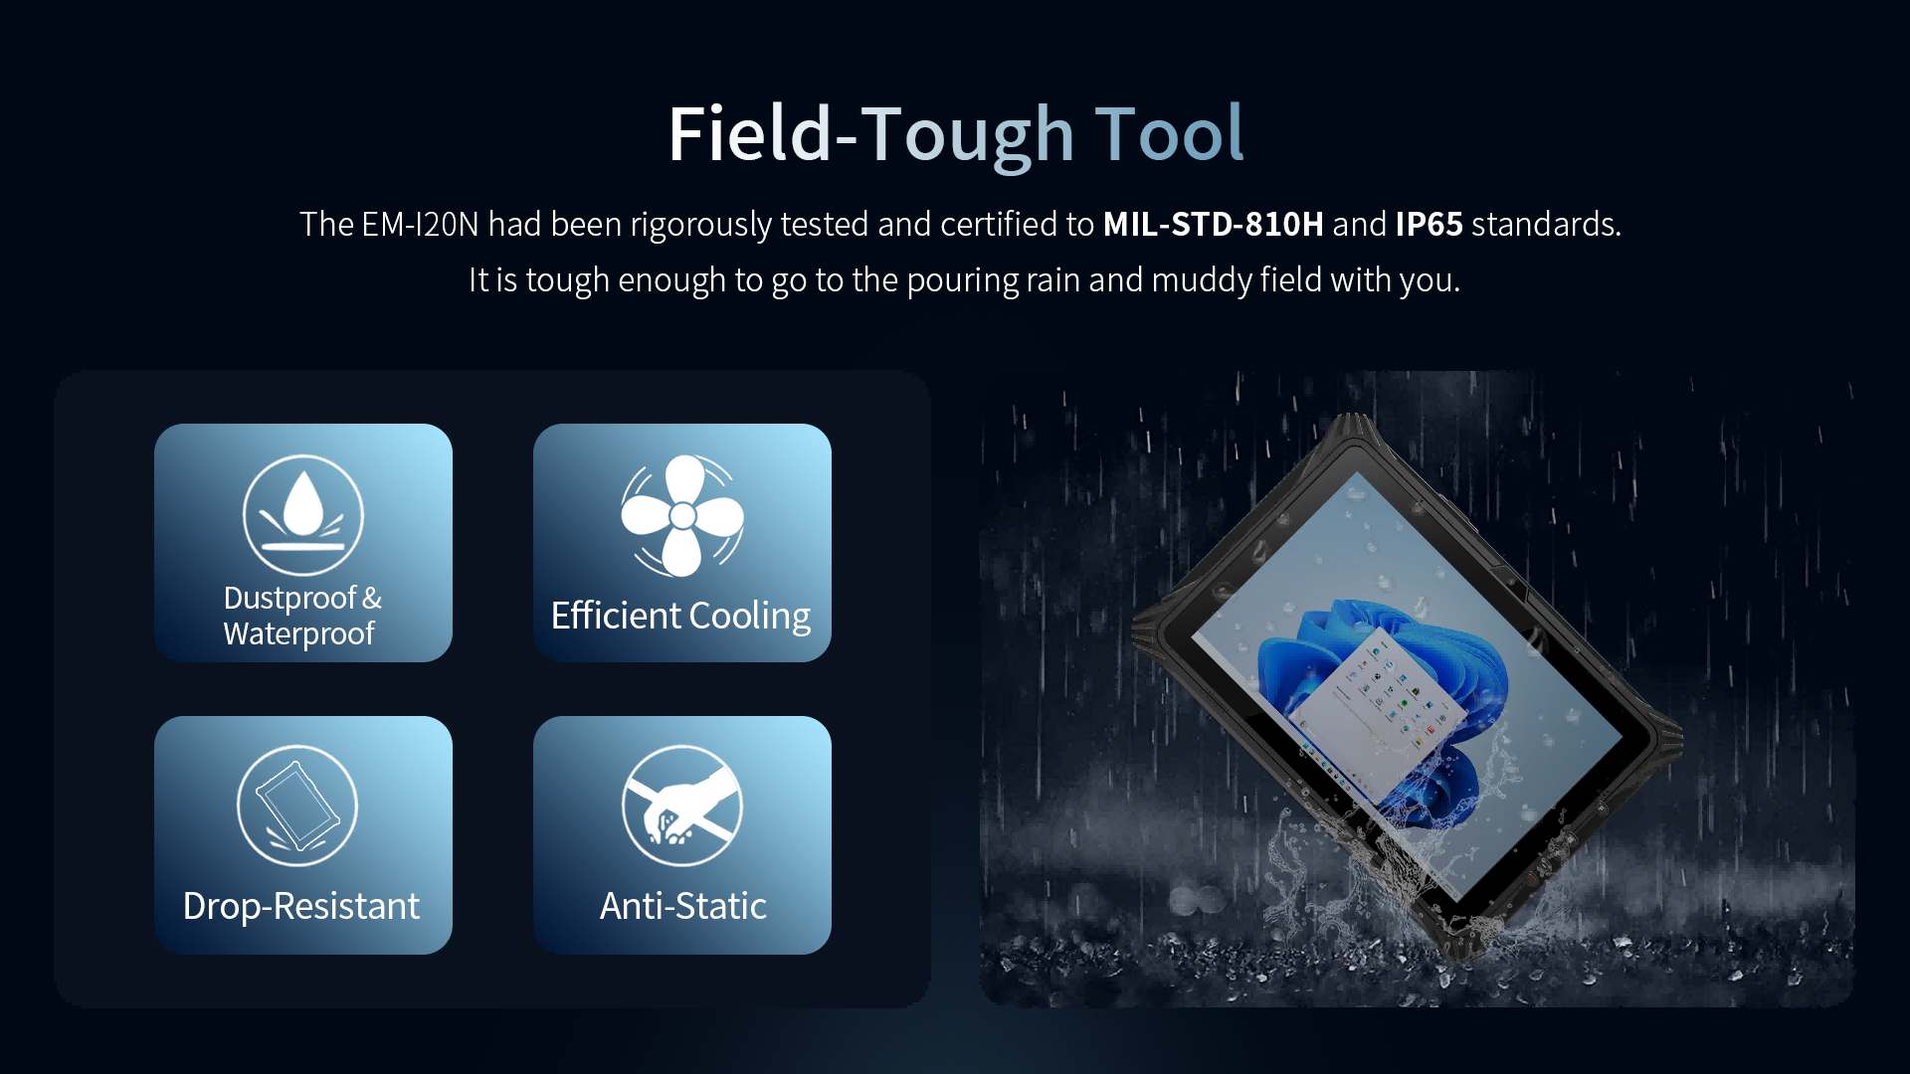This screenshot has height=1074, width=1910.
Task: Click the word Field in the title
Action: tap(748, 134)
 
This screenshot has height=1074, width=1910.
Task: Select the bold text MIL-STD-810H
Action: tap(1213, 225)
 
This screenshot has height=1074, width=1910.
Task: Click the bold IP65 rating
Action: tap(1429, 225)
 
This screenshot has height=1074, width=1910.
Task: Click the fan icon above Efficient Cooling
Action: tap(682, 515)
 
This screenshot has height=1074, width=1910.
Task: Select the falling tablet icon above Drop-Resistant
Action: tap(297, 805)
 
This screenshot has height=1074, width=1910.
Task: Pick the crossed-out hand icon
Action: tap(682, 805)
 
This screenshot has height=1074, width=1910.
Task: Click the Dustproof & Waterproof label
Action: tap(301, 616)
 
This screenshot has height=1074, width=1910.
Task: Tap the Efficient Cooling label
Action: tap(680, 616)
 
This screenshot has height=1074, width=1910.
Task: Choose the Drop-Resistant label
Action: tap(301, 906)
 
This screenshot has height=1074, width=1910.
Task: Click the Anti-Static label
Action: tap(683, 906)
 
